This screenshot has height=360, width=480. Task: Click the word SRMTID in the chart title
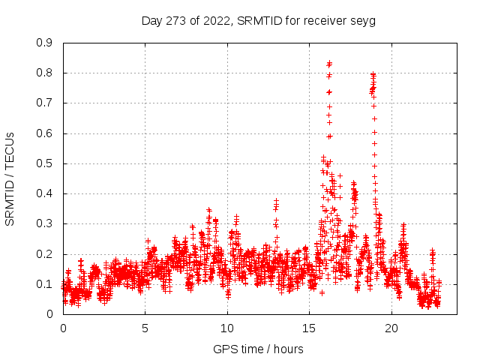click(256, 20)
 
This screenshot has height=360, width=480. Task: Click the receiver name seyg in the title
click(363, 20)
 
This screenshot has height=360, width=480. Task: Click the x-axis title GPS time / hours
click(258, 349)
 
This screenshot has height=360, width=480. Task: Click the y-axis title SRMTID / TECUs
click(10, 178)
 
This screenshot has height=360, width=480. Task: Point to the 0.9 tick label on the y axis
click(44, 43)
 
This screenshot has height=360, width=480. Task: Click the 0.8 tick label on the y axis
click(44, 73)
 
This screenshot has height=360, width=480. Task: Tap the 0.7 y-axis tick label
click(44, 103)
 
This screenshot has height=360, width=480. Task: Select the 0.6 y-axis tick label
click(44, 133)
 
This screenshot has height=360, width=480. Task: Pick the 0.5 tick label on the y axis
click(44, 163)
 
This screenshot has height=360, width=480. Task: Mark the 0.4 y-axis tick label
click(44, 193)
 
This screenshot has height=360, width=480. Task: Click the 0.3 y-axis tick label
click(44, 223)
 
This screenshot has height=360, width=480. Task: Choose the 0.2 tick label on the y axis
click(44, 254)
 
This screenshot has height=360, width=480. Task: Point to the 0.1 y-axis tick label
click(44, 284)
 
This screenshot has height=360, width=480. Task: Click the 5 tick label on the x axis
click(145, 328)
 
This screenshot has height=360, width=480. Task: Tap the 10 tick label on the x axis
click(227, 328)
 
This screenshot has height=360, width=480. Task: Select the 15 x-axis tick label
click(309, 328)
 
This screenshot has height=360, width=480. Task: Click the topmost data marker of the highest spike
click(329, 63)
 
